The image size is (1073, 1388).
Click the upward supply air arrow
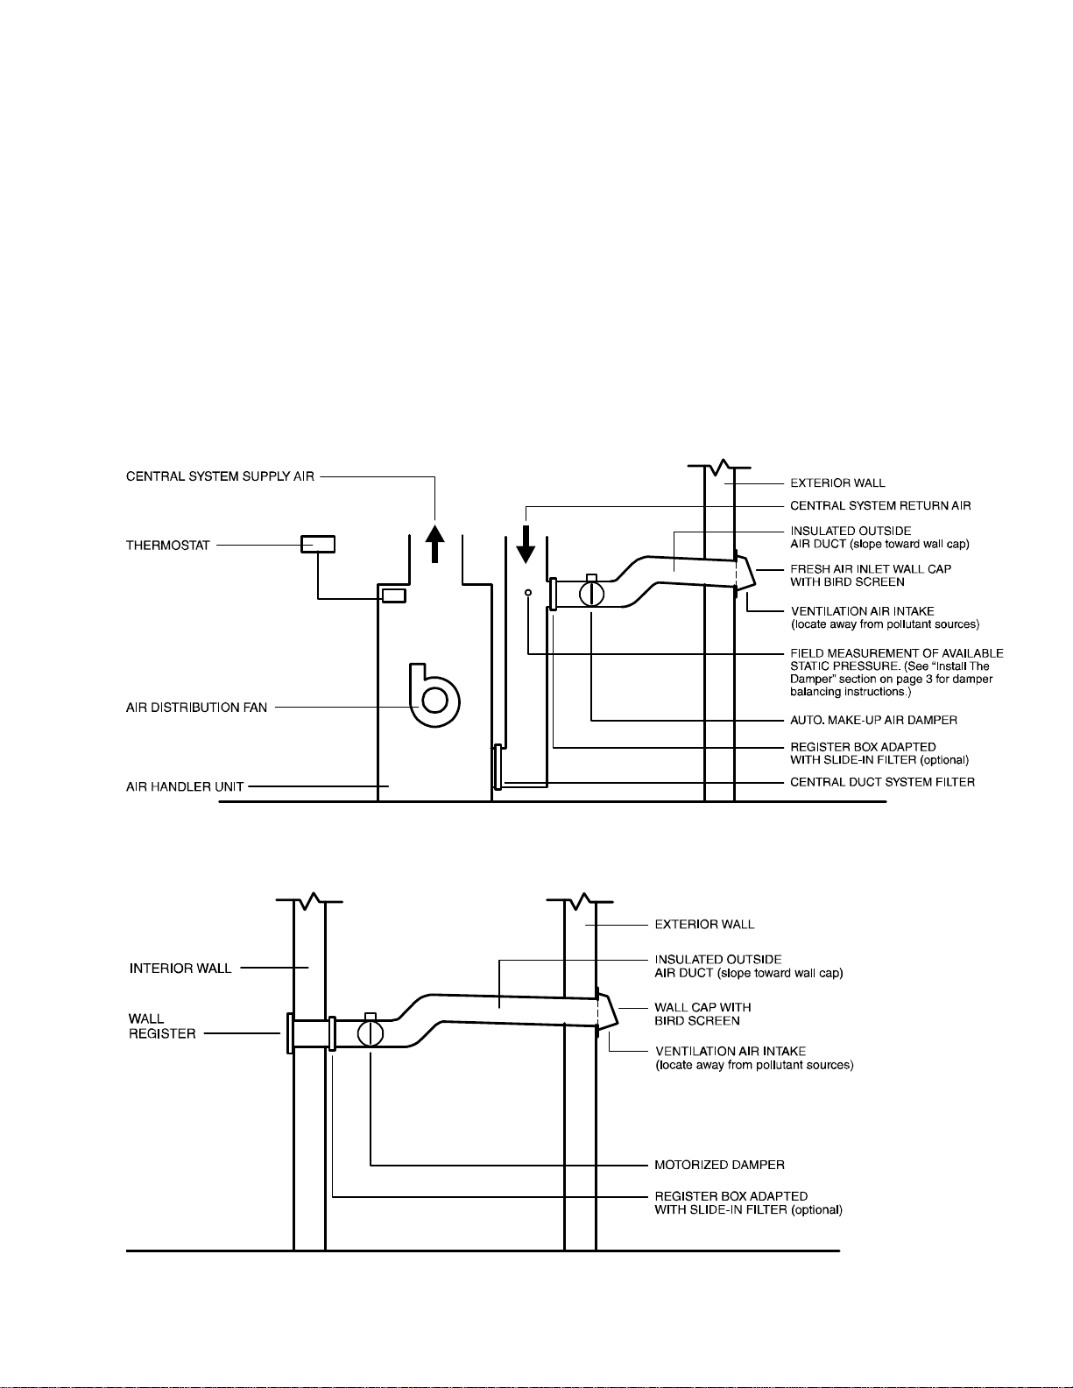[435, 544]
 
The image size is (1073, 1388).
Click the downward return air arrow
[526, 545]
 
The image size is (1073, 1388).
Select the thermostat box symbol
[318, 544]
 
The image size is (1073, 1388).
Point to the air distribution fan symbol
[434, 696]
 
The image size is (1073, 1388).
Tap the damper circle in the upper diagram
[591, 594]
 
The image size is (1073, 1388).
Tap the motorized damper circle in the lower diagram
[371, 1032]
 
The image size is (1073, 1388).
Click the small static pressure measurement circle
[528, 593]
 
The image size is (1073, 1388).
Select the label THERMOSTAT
[168, 546]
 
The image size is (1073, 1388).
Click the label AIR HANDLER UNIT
[185, 787]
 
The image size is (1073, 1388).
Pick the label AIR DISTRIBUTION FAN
[197, 708]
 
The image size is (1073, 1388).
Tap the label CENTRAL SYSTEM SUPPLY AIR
[221, 476]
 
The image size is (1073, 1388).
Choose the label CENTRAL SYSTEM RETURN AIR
[881, 506]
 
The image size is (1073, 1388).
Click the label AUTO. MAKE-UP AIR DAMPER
[874, 721]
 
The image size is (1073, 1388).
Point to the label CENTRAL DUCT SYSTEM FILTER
[883, 783]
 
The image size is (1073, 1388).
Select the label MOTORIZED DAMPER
[720, 1165]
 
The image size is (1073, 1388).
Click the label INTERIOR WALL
[180, 969]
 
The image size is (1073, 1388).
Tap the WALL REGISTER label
[162, 1025]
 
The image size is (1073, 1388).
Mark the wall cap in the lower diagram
[607, 1012]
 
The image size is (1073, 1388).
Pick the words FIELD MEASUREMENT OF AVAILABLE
[897, 653]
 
